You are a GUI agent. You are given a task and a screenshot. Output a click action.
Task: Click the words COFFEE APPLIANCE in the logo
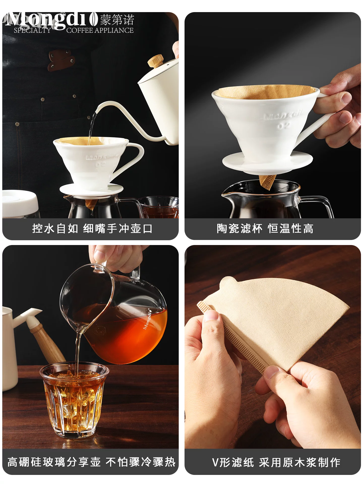[100, 31]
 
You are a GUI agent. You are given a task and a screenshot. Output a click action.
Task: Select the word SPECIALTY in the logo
[32, 31]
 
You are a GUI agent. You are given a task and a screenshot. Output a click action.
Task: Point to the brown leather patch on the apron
[61, 59]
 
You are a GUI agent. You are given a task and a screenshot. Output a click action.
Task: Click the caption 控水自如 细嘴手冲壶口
[92, 229]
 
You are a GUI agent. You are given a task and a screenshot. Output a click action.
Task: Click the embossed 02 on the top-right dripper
[284, 126]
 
